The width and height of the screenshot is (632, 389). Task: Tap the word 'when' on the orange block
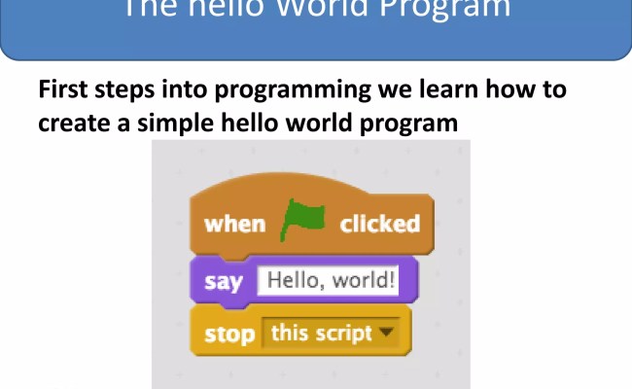pyautogui.click(x=234, y=224)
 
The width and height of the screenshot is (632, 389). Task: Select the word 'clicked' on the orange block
pyautogui.click(x=379, y=224)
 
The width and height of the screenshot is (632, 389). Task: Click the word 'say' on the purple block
pyautogui.click(x=224, y=282)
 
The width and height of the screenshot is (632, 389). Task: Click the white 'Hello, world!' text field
pyautogui.click(x=331, y=281)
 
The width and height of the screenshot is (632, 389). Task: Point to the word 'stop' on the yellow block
pyautogui.click(x=230, y=334)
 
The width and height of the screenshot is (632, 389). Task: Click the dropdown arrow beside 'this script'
pyautogui.click(x=388, y=333)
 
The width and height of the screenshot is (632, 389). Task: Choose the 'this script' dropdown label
pyautogui.click(x=321, y=333)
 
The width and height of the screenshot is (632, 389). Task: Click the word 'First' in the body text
pyautogui.click(x=65, y=91)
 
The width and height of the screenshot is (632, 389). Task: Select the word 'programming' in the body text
pyautogui.click(x=295, y=92)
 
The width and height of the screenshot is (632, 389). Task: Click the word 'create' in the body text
pyautogui.click(x=73, y=124)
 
